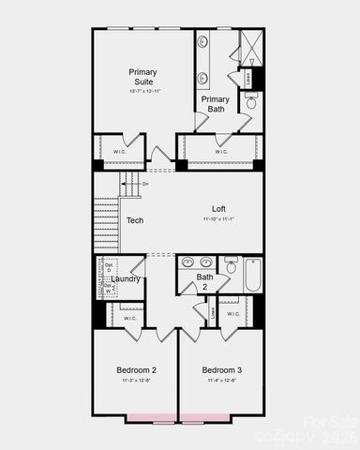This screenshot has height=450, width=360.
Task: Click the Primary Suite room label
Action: pyautogui.click(x=142, y=77)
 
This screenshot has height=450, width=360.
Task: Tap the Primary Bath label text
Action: pyautogui.click(x=215, y=104)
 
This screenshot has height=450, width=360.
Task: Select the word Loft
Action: pyautogui.click(x=218, y=208)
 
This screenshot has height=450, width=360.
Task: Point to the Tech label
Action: pyautogui.click(x=135, y=220)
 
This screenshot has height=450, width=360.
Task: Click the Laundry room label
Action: pyautogui.click(x=125, y=278)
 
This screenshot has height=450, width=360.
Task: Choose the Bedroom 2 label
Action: pyautogui.click(x=136, y=369)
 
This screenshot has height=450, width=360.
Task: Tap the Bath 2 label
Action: pyautogui.click(x=204, y=281)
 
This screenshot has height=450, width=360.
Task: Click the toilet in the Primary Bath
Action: pyautogui.click(x=251, y=101)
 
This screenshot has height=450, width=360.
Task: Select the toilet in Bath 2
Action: pyautogui.click(x=231, y=266)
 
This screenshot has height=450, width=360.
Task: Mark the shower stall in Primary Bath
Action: pyautogui.click(x=250, y=46)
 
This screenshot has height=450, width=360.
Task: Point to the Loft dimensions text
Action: pyautogui.click(x=218, y=219)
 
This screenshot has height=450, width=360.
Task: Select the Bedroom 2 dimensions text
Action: pyautogui.click(x=136, y=381)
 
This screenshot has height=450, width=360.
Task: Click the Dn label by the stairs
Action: pyautogui.click(x=145, y=184)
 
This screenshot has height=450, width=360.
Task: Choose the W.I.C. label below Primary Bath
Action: pyautogui.click(x=221, y=151)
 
